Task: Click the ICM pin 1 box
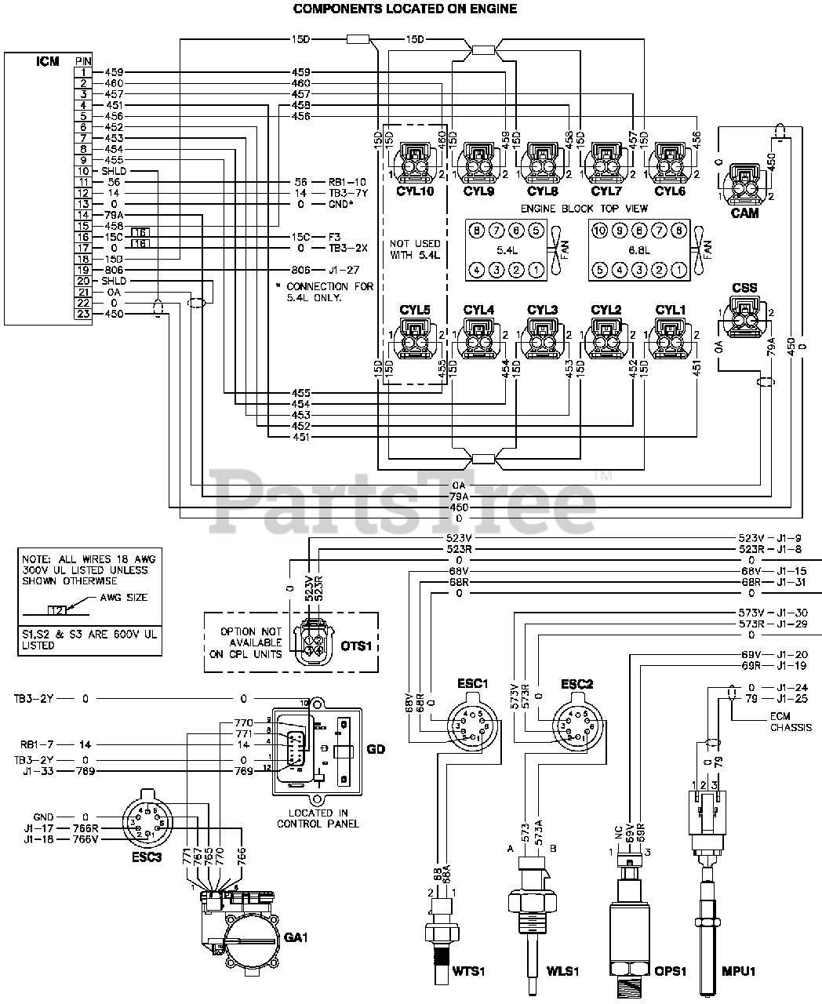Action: coord(83,72)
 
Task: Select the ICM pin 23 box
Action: coord(83,314)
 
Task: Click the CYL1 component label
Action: coord(671,310)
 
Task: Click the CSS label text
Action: coord(744,288)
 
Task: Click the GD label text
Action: coord(376,748)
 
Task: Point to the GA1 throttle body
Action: coord(243,933)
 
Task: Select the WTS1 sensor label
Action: coord(469,972)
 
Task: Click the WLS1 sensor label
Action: coord(562,972)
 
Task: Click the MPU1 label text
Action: coord(738,972)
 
